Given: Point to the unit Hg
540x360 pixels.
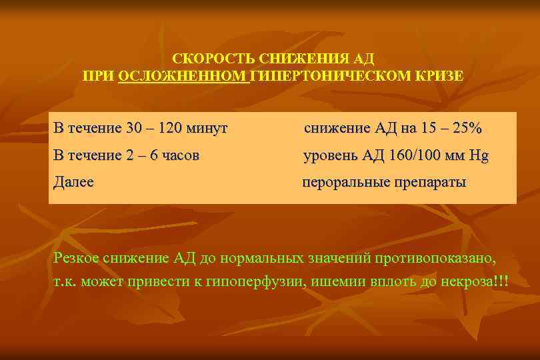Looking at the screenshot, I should coord(479,156).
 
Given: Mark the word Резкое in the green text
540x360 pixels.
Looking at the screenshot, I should coord(77,258).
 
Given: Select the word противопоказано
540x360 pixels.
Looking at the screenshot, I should coord(437,258).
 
